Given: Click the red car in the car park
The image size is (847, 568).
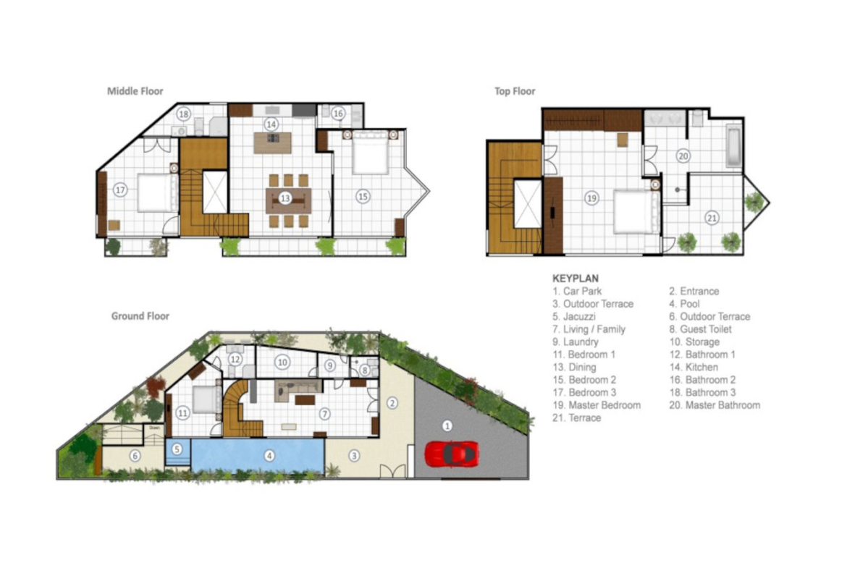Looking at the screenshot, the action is pyautogui.click(x=452, y=454).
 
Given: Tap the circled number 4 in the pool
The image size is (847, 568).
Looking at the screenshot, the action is pyautogui.click(x=269, y=456).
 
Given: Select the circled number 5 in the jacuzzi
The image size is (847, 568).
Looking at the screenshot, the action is pyautogui.click(x=177, y=449).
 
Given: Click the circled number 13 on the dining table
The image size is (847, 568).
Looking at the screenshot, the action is pyautogui.click(x=285, y=198).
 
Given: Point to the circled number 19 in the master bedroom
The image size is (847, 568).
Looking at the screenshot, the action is pyautogui.click(x=591, y=198).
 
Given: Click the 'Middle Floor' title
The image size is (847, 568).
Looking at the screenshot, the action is pyautogui.click(x=135, y=91).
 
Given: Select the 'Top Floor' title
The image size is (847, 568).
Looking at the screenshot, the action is pyautogui.click(x=515, y=91).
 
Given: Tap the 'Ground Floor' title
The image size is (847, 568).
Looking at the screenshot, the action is pyautogui.click(x=140, y=316).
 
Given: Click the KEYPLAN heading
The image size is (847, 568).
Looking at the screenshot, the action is pyautogui.click(x=576, y=279).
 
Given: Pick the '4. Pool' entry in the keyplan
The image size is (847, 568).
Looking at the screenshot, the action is pyautogui.click(x=684, y=304).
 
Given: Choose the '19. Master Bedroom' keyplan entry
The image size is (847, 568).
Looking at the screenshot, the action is pyautogui.click(x=597, y=405).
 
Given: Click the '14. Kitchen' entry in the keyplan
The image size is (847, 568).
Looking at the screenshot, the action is pyautogui.click(x=694, y=367).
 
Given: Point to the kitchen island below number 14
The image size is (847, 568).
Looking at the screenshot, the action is pyautogui.click(x=273, y=143).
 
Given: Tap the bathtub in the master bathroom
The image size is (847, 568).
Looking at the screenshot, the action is pyautogui.click(x=733, y=145).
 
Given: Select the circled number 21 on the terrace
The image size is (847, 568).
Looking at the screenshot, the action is pyautogui.click(x=712, y=218).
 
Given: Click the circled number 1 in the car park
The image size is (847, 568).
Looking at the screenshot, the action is pyautogui.click(x=447, y=426).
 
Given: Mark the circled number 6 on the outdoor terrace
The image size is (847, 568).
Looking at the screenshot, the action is pyautogui.click(x=135, y=457).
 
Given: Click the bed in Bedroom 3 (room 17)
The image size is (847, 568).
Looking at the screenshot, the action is pyautogui.click(x=158, y=192).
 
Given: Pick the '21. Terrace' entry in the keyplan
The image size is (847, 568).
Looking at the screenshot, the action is pyautogui.click(x=576, y=418).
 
